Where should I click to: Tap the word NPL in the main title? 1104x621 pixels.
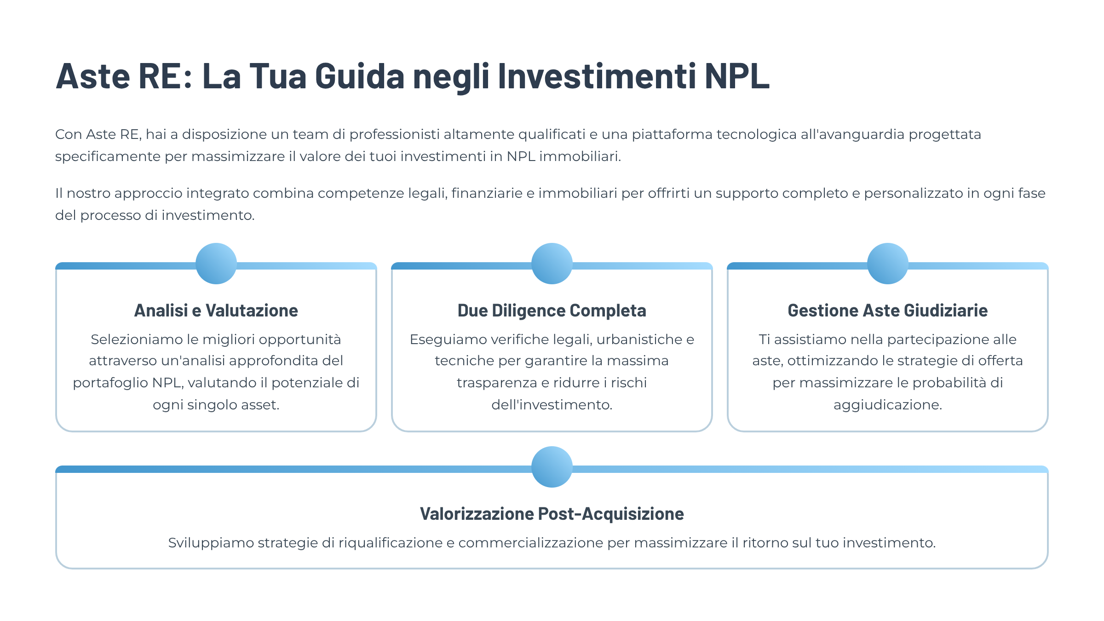pos(737,76)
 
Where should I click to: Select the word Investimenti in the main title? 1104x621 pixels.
pos(597,76)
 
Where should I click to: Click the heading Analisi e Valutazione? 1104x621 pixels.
pos(216,310)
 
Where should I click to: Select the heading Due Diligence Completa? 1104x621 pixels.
pos(552,311)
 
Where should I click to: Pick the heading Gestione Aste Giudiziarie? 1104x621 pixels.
pos(888,310)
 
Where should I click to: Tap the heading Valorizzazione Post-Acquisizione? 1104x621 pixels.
pos(552,514)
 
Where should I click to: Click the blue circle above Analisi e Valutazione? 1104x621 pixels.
pos(216,264)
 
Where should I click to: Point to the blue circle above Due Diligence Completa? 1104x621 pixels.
pos(552,264)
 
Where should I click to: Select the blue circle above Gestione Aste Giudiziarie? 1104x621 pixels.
pos(888,264)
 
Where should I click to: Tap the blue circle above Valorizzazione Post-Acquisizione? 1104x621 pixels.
pos(552,467)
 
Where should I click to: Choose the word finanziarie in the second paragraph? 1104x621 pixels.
pos(487,193)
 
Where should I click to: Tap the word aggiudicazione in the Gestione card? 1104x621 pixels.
pos(888,405)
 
